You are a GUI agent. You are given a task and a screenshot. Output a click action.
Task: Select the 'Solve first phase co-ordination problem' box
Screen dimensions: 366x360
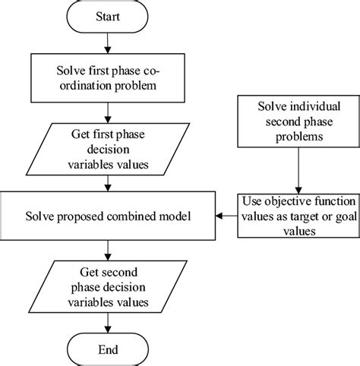tap(112, 77)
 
